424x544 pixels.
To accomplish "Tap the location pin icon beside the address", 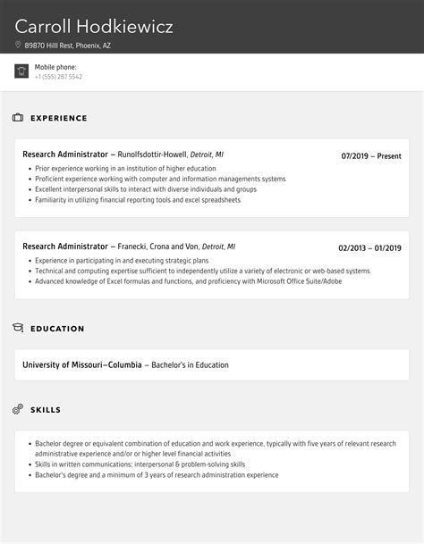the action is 18,45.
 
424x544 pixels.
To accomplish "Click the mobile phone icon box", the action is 21,71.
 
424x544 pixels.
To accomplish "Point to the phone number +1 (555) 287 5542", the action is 58,77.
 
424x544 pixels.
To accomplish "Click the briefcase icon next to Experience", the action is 18,118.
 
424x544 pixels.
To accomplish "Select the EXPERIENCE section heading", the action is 59,118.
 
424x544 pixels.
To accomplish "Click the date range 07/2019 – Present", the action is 371,155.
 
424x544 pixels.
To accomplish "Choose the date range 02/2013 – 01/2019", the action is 369,247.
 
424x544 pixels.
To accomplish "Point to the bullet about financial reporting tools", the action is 138,200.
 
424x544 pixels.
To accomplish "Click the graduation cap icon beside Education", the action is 18,329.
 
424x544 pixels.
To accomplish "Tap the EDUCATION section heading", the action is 57,329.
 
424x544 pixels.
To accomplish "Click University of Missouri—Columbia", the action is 82,364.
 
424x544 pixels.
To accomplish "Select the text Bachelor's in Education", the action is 190,364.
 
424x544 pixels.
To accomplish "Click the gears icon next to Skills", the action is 18,409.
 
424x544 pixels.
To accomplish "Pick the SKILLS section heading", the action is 46,409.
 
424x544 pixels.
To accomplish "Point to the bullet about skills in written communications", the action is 140,464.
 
